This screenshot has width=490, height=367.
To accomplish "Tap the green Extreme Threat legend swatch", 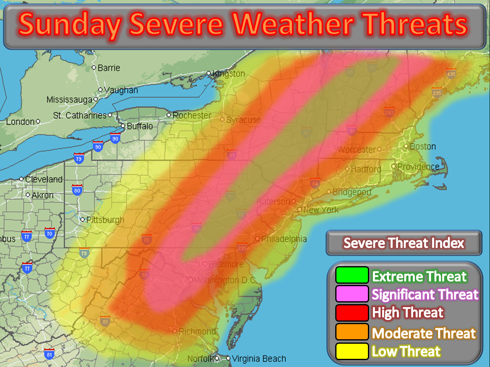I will pos(352,275).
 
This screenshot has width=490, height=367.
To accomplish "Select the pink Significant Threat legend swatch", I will pos(352,294).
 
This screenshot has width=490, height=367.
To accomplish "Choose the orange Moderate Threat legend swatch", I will pos(352,332).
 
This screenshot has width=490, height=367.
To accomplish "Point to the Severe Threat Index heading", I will pos(403,243).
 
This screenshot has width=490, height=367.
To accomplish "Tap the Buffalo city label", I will pos(140,126).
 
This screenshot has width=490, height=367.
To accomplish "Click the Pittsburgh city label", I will pos(105,220).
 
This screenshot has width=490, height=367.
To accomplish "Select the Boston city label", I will pos(423,146).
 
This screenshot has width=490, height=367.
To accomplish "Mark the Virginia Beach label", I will pos(258,359).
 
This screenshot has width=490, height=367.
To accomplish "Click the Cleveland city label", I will pos(44,179).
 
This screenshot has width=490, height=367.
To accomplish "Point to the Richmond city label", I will pos(197,331).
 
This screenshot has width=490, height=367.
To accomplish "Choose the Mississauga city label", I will pos(70,100).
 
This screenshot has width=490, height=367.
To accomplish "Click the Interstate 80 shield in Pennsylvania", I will pos(77,190).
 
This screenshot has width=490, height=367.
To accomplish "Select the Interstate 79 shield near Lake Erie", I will pos(79,158).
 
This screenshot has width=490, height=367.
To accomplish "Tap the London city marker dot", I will pos(38,121).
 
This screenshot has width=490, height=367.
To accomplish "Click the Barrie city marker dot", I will pos(94,67).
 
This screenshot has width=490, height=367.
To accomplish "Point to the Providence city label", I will pos(418,167).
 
